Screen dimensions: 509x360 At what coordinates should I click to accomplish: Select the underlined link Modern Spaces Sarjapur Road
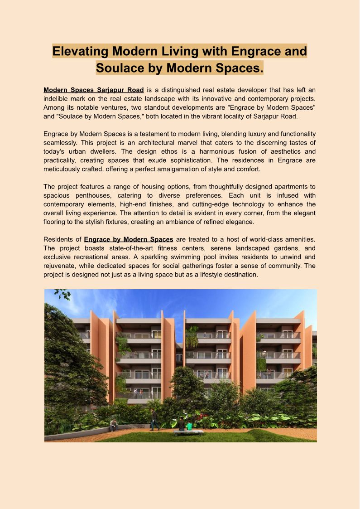click(94, 90)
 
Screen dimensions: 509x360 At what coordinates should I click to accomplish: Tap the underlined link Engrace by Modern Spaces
click(129, 239)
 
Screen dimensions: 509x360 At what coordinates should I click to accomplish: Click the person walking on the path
click(154, 419)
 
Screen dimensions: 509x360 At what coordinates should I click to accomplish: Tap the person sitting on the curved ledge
click(114, 425)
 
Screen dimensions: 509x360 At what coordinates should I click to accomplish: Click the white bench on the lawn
click(188, 432)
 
